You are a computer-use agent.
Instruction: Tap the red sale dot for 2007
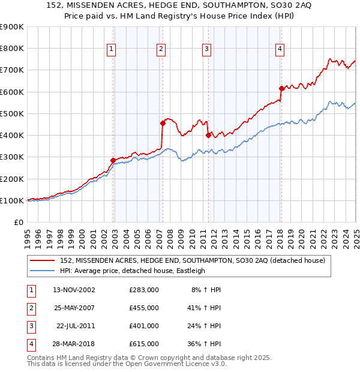tap(163, 123)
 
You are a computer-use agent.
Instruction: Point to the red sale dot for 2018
tap(281, 88)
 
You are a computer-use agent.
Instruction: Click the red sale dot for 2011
tap(208, 135)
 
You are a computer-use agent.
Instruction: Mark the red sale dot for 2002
tap(113, 160)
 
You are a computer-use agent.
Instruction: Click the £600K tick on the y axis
tap(11, 92)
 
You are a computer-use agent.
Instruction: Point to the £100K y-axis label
tap(11, 200)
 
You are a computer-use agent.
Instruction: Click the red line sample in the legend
tap(41, 260)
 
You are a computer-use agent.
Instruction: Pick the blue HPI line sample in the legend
tap(41, 271)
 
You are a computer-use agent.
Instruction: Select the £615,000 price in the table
tap(144, 344)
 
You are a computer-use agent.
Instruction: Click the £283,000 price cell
tap(144, 289)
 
